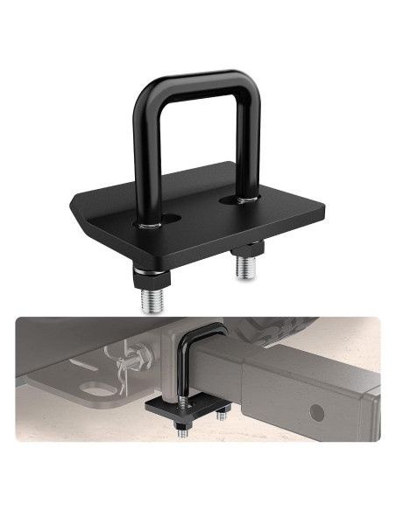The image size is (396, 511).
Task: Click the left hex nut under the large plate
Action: (x=152, y=279)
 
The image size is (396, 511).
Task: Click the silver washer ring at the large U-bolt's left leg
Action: (x=152, y=225)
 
